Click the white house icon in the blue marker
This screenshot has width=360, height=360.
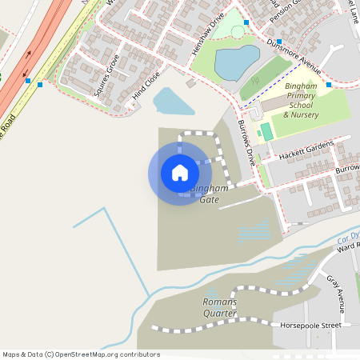(x=180, y=173)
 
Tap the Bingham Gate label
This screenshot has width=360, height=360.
(x=209, y=194)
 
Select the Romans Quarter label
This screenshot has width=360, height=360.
(x=220, y=307)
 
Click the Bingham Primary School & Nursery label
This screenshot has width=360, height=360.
(x=300, y=100)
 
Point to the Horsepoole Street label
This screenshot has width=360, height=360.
(x=310, y=326)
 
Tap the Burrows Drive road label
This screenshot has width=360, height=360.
(x=246, y=142)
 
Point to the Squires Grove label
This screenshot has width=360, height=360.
(x=106, y=75)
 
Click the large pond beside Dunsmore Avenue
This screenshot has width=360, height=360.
(x=237, y=62)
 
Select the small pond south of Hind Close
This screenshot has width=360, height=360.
(x=171, y=101)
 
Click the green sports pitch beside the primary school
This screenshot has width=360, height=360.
(x=266, y=130)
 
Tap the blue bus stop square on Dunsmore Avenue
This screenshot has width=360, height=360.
(x=279, y=41)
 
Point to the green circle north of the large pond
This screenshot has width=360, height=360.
(x=238, y=31)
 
